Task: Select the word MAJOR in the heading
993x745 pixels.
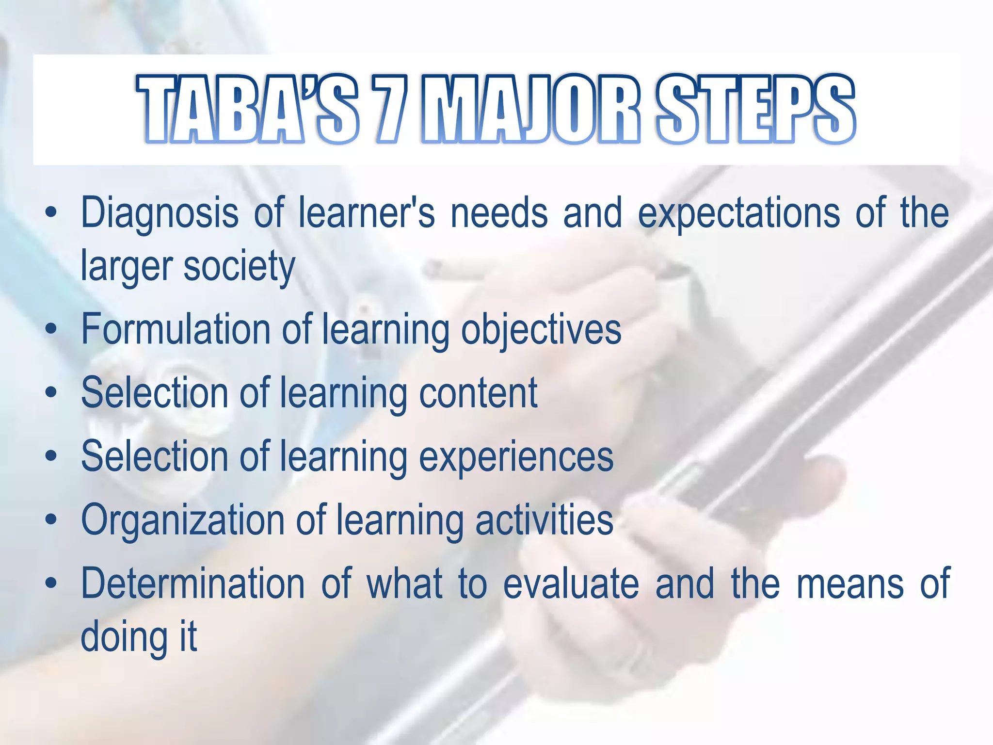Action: (x=531, y=109)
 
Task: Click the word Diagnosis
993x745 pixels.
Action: (x=160, y=213)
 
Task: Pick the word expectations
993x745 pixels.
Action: (x=738, y=213)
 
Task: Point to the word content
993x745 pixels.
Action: (x=478, y=393)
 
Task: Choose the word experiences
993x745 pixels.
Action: (x=516, y=457)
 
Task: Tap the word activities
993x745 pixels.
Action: (x=544, y=520)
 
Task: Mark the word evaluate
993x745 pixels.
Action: (x=571, y=583)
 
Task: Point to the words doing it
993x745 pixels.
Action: (x=139, y=637)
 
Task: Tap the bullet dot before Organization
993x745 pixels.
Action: (x=51, y=520)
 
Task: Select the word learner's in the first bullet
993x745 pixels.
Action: (x=367, y=213)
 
